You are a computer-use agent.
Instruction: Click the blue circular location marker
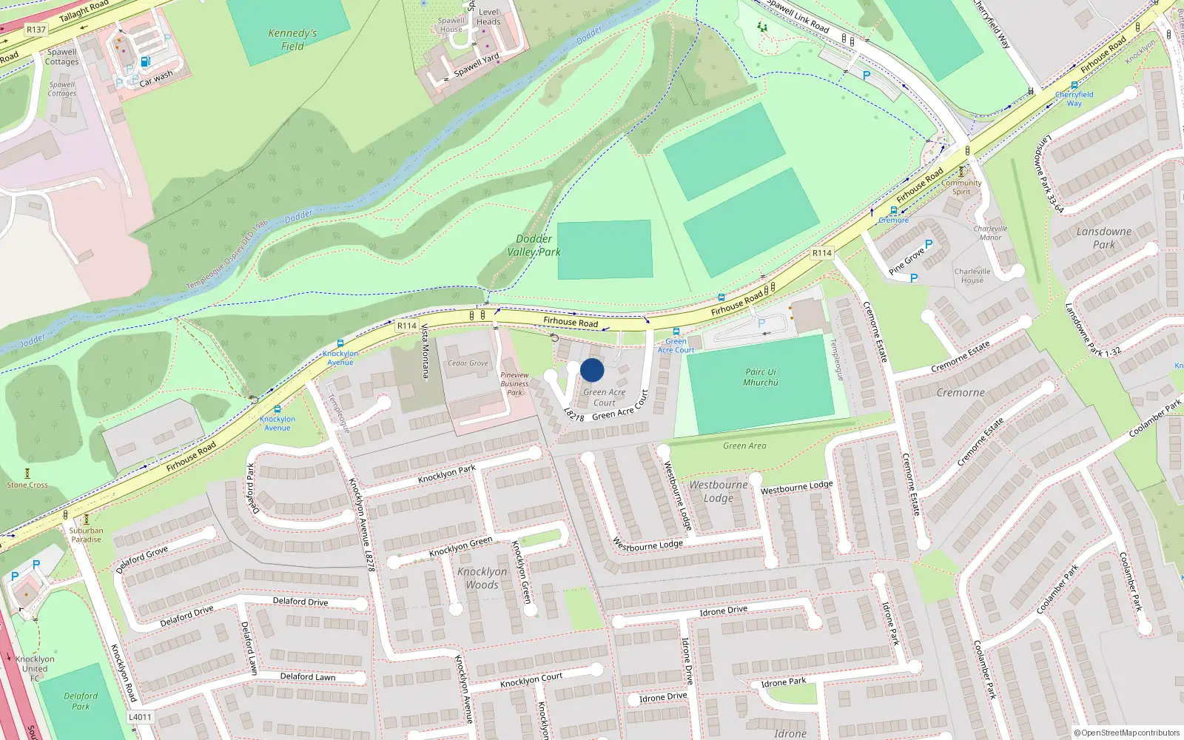(x=592, y=370)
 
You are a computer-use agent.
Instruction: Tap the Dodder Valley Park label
(x=534, y=246)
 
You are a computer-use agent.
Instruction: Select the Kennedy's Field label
(x=292, y=40)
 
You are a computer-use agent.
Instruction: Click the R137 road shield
(x=36, y=30)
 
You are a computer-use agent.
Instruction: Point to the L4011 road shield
(x=140, y=716)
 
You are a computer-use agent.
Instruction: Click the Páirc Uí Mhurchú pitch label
(x=761, y=377)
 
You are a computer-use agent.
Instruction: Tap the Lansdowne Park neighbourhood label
(x=1103, y=238)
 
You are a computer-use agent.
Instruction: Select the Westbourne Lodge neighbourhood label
(x=718, y=491)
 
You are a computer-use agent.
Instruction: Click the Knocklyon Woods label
(x=482, y=578)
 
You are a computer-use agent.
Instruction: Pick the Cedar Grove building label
(x=468, y=363)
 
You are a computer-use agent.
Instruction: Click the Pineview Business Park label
(x=514, y=383)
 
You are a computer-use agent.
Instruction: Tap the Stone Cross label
(x=27, y=485)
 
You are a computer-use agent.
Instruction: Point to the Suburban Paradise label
(x=87, y=534)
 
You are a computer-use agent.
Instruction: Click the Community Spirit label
(x=961, y=187)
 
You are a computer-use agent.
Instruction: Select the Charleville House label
(x=972, y=275)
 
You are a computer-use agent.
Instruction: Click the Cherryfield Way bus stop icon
(x=1074, y=85)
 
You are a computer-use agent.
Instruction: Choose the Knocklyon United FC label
(x=35, y=668)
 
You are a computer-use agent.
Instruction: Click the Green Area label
(x=744, y=445)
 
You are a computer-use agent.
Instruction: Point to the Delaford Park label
(x=81, y=701)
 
